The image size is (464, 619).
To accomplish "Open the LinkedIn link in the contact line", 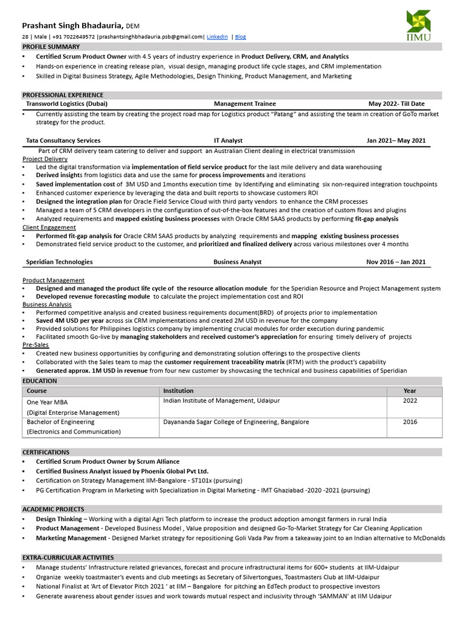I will [217, 37].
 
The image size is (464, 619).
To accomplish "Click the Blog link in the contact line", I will [240, 37].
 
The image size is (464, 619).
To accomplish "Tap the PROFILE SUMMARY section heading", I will [51, 47].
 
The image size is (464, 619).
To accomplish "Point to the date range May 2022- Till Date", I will [396, 104].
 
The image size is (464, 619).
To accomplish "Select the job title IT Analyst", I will [228, 140].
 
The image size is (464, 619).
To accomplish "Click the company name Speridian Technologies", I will [59, 262].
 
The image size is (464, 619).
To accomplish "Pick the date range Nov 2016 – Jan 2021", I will [396, 262].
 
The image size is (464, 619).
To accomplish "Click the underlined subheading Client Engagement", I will [50, 227].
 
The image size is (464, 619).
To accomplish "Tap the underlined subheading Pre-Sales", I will [36, 345].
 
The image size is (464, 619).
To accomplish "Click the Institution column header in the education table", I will [178, 391].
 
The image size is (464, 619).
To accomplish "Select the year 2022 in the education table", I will [410, 401].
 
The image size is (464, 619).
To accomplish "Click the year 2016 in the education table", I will [410, 422].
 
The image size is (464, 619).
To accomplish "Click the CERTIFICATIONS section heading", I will [46, 452].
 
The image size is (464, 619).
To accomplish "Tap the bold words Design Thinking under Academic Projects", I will [59, 519].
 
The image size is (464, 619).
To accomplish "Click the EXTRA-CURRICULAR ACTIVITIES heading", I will [68, 557].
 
